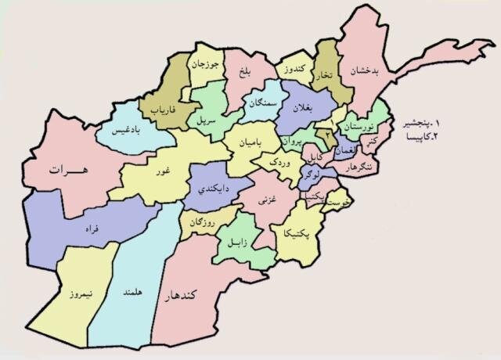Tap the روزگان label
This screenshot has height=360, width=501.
coord(202,224)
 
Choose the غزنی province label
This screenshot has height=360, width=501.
coord(264,203)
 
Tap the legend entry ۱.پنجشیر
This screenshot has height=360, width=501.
coord(422,124)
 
